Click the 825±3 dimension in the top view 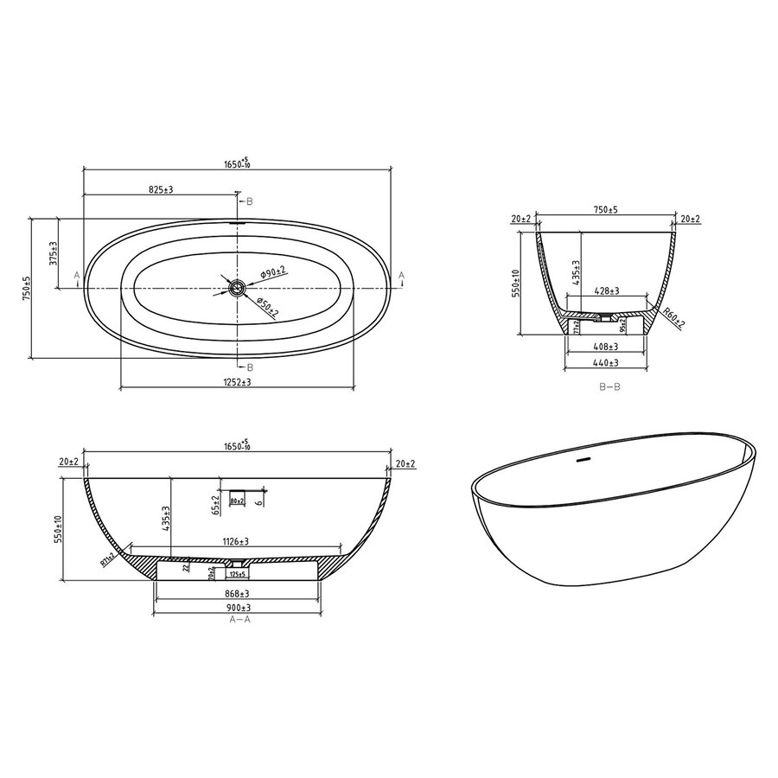point(160,188)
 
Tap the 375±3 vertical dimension point(53,253)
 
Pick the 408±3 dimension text point(604,347)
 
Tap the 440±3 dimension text point(604,364)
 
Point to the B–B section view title point(609,387)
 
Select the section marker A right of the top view point(401,275)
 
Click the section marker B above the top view point(249,201)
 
